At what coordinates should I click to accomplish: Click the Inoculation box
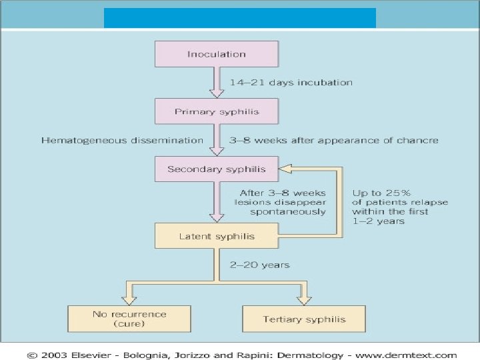[216, 54]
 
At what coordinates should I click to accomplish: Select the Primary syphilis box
[216, 111]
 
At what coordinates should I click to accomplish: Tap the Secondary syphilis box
[216, 169]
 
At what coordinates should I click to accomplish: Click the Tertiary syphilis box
[304, 319]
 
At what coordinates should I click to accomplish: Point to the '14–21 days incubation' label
[291, 83]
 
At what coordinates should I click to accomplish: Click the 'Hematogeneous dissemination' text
[122, 140]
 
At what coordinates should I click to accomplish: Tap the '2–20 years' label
[259, 265]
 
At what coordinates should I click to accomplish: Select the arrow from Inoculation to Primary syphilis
[216, 83]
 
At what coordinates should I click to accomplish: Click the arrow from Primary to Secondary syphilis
[216, 140]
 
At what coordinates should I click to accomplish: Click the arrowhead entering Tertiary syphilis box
[304, 297]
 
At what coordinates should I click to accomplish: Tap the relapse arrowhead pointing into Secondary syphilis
[284, 169]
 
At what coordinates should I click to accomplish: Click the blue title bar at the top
[239, 18]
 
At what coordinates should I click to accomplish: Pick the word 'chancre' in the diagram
[420, 140]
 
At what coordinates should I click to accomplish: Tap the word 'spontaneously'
[288, 211]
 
